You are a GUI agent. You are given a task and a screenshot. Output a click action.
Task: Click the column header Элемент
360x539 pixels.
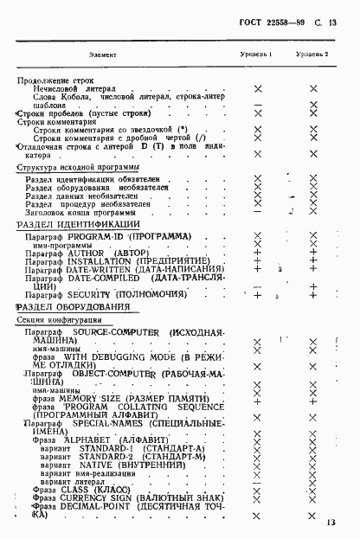point(106,55)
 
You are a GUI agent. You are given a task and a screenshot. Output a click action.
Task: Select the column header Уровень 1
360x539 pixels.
point(257,55)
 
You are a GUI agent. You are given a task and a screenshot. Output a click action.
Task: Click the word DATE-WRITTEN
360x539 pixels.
point(108,270)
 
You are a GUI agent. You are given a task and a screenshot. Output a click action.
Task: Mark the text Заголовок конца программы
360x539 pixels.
point(80,212)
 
